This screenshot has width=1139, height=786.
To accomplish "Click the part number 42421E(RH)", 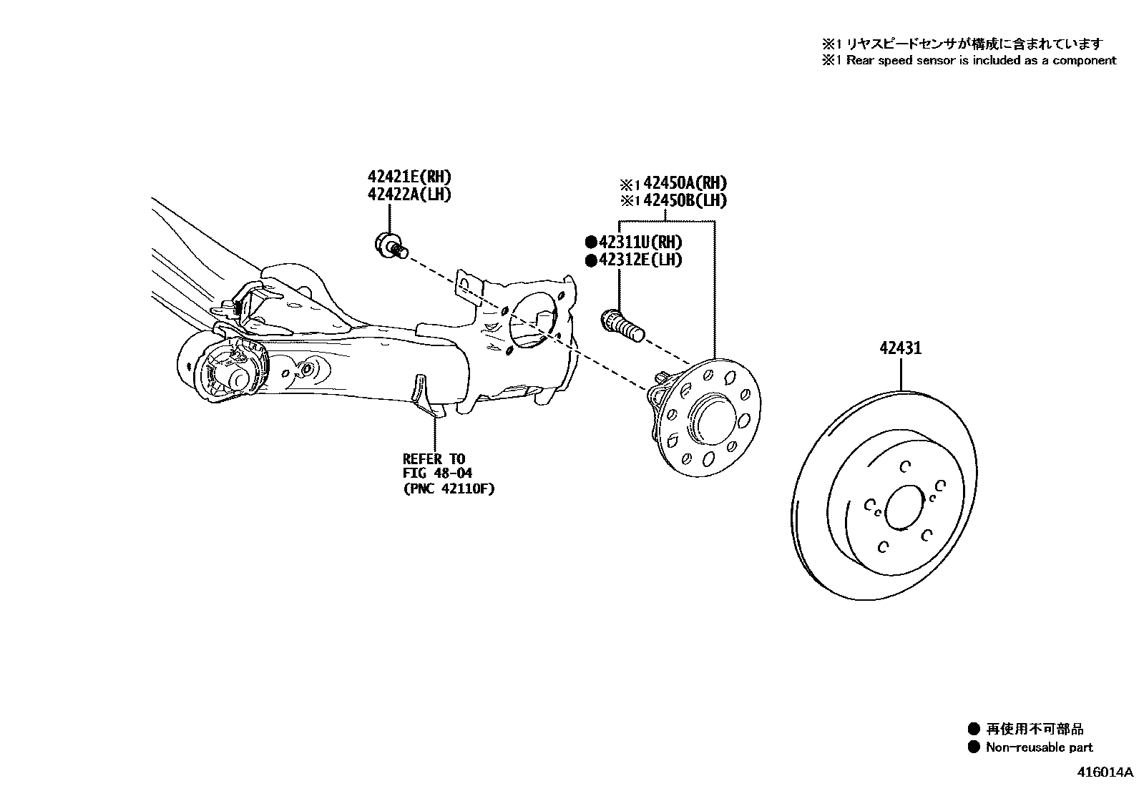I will (x=410, y=177).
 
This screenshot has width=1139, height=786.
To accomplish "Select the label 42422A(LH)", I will (x=410, y=195).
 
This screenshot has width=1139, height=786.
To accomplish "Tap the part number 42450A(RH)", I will (x=685, y=183).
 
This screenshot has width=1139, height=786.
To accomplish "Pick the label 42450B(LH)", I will (x=685, y=201).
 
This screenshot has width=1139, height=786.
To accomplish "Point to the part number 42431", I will (x=900, y=348).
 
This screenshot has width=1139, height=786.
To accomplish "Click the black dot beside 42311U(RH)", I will (x=591, y=242).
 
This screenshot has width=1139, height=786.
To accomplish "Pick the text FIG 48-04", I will (x=437, y=473).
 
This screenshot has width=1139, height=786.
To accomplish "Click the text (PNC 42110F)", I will (x=449, y=489).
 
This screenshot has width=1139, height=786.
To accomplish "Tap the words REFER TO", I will (x=434, y=458).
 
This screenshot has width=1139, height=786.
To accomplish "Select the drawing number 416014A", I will (x=1107, y=772).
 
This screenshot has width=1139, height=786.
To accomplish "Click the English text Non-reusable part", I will (x=1039, y=747).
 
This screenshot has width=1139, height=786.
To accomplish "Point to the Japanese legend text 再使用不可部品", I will (x=1035, y=729).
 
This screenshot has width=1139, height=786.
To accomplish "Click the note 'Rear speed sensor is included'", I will (x=980, y=61).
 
